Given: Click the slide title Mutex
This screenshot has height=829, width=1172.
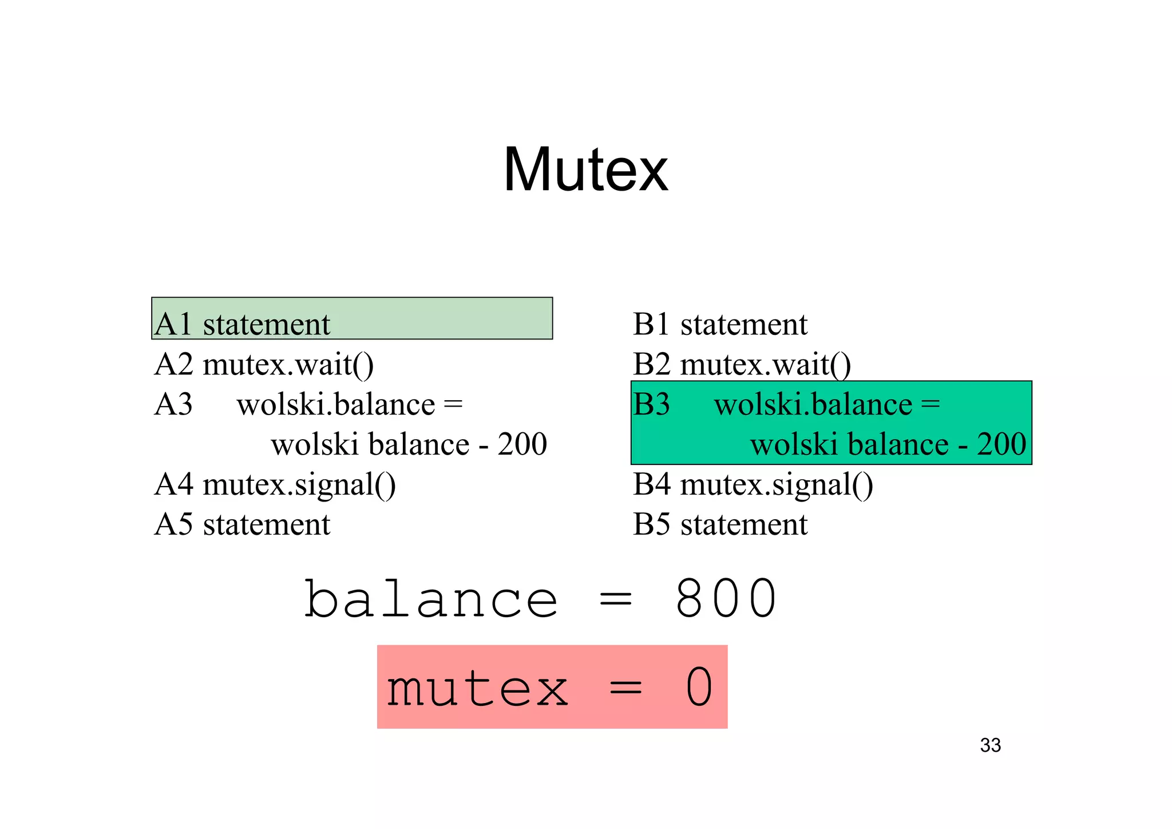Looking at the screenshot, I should [x=585, y=169].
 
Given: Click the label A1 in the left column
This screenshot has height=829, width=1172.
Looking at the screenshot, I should [x=173, y=324].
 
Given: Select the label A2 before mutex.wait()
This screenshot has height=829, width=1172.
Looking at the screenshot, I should [x=173, y=364].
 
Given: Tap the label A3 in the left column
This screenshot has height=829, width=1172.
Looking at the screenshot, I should [x=173, y=404].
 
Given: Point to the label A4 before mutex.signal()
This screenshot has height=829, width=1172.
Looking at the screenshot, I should [x=173, y=484].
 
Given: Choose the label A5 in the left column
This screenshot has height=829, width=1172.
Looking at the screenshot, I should [x=173, y=524].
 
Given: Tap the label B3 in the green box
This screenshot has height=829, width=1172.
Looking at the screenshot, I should [x=651, y=404].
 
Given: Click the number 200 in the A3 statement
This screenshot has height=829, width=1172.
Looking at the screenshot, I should [x=522, y=444].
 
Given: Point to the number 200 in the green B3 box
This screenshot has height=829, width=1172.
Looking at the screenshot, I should [x=1001, y=444].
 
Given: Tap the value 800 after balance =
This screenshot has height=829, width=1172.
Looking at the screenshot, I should [x=726, y=599].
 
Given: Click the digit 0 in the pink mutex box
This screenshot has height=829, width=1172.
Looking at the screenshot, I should [x=699, y=687].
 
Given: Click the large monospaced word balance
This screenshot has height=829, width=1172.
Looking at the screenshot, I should [x=431, y=599].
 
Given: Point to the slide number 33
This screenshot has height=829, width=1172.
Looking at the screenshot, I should [x=990, y=745].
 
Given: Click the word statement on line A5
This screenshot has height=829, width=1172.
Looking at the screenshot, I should [x=267, y=524].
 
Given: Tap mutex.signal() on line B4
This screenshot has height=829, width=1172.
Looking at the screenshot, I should [x=777, y=484].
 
